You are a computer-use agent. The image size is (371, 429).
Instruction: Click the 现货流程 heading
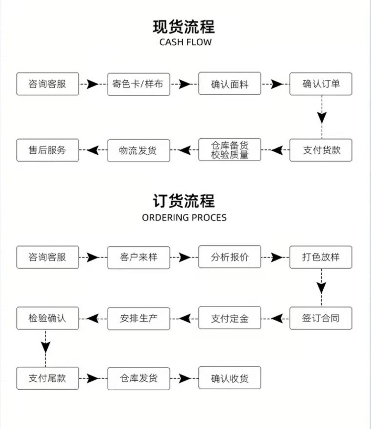coord(184,27)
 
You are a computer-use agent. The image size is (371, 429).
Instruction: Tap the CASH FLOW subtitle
coord(185,42)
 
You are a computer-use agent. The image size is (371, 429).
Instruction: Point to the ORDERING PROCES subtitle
coord(184,218)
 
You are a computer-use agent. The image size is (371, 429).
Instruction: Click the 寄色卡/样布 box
coord(138,84)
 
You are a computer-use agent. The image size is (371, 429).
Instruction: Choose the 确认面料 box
coord(230,84)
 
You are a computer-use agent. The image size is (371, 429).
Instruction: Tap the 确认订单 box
coord(321,84)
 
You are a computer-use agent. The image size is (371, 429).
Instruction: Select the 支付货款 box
coord(321,150)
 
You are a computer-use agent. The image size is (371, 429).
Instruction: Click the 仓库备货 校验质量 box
coord(230,150)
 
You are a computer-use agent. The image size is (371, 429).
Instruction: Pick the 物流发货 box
coord(138,150)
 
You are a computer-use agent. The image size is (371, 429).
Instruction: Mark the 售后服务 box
coord(47,150)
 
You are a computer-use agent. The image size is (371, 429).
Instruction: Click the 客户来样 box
coord(138,257)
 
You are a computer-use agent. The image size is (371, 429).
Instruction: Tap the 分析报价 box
coord(230,257)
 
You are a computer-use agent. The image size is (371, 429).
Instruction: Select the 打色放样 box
coord(321,257)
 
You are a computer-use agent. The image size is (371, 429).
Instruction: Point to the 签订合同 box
coord(321,318)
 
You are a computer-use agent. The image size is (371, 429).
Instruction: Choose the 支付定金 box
coord(230,318)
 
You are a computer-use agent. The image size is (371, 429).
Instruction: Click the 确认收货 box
coord(230,378)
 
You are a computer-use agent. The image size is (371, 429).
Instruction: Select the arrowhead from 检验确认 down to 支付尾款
coord(46,347)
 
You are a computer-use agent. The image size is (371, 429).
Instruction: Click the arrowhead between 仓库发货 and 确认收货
coord(185,378)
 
